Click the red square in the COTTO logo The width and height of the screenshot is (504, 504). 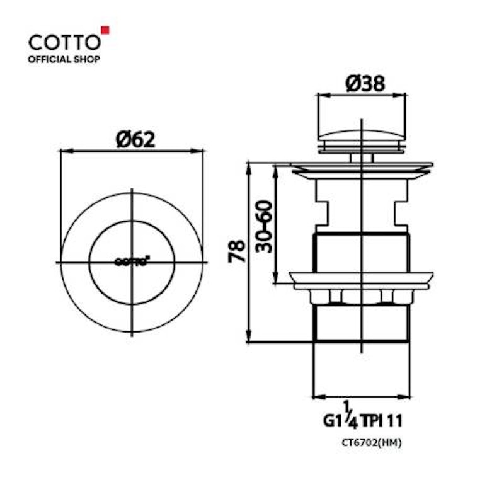point(105,30)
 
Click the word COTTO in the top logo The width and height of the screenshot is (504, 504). point(65,42)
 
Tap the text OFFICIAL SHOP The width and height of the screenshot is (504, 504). point(64,59)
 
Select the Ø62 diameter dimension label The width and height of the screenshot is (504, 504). point(135,140)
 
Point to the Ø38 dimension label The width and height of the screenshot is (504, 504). point(365,83)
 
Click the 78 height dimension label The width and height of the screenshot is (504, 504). point(237,251)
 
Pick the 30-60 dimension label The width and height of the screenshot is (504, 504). point(264,227)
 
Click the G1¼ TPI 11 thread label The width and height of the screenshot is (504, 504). point(363,416)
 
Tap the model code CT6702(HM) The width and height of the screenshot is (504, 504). point(372,443)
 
